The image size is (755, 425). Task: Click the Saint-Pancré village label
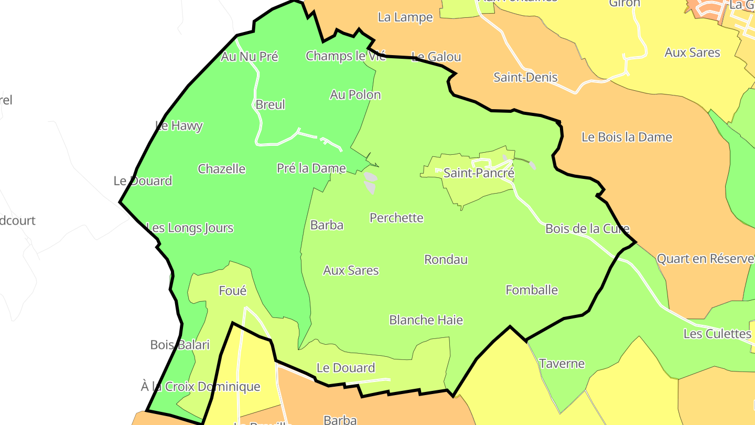[x=479, y=173]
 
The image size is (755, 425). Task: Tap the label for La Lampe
[x=405, y=17]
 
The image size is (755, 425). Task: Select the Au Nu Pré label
[x=249, y=56]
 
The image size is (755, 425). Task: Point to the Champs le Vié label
[x=346, y=56]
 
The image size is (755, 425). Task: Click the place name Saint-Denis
[x=525, y=77]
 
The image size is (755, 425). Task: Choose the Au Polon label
[x=355, y=94]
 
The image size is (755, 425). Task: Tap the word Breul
[x=270, y=104]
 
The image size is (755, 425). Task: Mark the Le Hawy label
[x=179, y=126]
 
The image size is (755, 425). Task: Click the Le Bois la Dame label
[x=627, y=137]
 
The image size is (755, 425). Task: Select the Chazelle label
[x=221, y=168]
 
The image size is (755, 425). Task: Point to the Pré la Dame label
[x=311, y=168]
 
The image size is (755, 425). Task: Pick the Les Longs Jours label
[x=190, y=228]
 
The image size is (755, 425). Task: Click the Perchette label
[x=396, y=218]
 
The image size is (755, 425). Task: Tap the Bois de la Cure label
[x=587, y=229]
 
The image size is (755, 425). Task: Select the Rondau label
[x=446, y=260]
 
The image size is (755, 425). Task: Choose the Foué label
[x=232, y=291]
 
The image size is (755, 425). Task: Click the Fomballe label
[x=531, y=290]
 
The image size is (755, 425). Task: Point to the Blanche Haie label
[x=426, y=320]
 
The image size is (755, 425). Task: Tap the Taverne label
[x=562, y=363]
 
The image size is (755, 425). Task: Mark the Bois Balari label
[x=179, y=345]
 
